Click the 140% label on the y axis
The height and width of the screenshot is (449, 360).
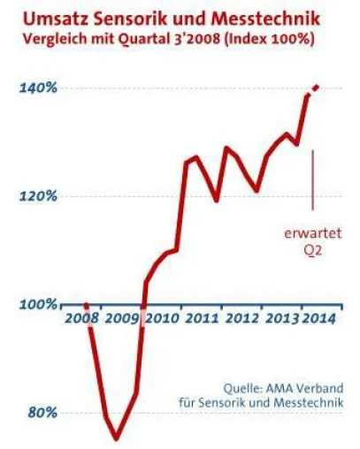38,88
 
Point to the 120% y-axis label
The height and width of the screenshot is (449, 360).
38,196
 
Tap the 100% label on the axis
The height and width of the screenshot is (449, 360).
38,304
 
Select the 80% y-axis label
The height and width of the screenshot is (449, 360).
42,413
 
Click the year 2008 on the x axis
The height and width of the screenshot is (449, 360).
82,318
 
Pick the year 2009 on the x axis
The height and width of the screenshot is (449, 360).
122,318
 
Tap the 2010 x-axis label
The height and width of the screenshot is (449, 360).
163,318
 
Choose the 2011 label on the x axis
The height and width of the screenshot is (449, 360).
203,318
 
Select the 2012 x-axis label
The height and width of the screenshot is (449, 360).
242,318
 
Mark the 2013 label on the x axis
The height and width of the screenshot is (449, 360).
282,318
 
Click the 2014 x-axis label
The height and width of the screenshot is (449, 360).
319,318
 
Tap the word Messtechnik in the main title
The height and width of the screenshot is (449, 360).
265,19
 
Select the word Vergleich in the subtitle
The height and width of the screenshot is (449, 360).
55,39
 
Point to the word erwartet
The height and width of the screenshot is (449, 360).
313,233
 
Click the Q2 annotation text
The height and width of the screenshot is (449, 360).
313,250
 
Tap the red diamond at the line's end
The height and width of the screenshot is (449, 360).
317,88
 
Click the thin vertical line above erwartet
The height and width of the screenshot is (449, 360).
313,179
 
